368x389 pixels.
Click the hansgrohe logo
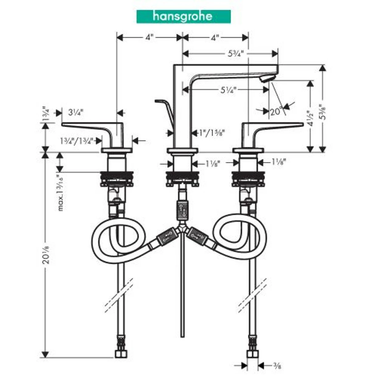tap(183, 16)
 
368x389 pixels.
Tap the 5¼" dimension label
tap(228, 90)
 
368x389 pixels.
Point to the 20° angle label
tap(276, 112)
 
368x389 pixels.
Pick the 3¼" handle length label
tap(75, 113)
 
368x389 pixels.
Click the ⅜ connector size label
tap(277, 366)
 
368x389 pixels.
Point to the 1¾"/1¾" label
tap(76, 141)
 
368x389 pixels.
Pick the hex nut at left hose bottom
tap(121, 354)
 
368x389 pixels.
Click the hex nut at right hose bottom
tap(253, 354)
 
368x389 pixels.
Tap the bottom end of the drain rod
tap(182, 335)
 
